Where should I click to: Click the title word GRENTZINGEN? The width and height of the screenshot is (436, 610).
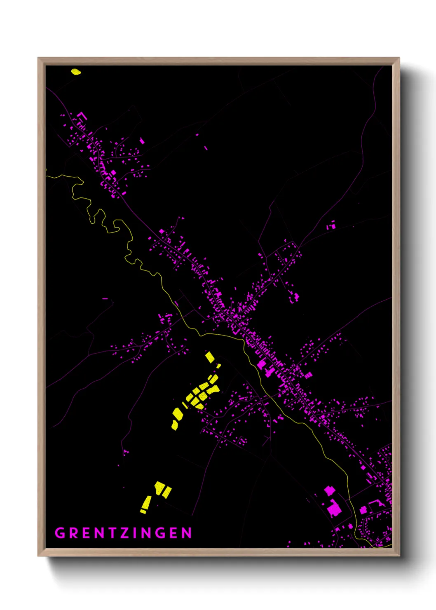[x=124, y=533]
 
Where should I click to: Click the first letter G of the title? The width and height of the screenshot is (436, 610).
[x=60, y=533]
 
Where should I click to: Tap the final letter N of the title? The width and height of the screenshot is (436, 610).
[x=188, y=533]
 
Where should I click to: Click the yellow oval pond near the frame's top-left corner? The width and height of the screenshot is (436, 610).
[x=76, y=72]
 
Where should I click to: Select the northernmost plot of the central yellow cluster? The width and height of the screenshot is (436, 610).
[x=210, y=357]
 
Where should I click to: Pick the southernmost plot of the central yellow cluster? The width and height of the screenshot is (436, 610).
[x=175, y=425]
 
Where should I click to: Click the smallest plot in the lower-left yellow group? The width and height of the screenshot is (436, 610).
[x=143, y=511]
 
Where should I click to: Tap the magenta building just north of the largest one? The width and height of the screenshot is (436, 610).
[x=329, y=490]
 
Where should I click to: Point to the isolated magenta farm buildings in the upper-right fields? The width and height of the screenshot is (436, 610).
[x=331, y=225]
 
